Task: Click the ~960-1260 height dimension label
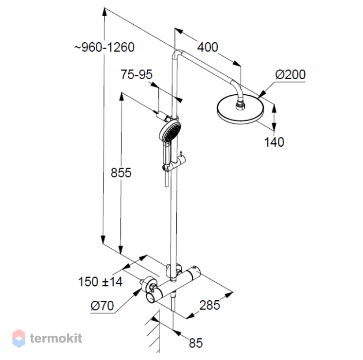click(x=104, y=48)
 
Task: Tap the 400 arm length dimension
click(x=207, y=47)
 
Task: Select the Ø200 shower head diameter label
click(x=290, y=74)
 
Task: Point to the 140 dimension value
click(x=274, y=142)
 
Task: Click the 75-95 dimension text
click(x=137, y=74)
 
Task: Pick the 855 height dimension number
click(x=121, y=172)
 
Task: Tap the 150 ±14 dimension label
click(x=100, y=282)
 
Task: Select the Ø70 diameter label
click(x=102, y=306)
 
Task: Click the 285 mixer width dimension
click(x=209, y=305)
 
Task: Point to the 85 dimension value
click(x=196, y=343)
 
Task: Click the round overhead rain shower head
click(x=241, y=109)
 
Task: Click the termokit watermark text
click(x=56, y=338)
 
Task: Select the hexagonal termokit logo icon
click(x=19, y=338)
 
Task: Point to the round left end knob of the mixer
click(x=151, y=297)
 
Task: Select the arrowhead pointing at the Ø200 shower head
click(x=261, y=94)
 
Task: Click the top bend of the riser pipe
click(x=178, y=52)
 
